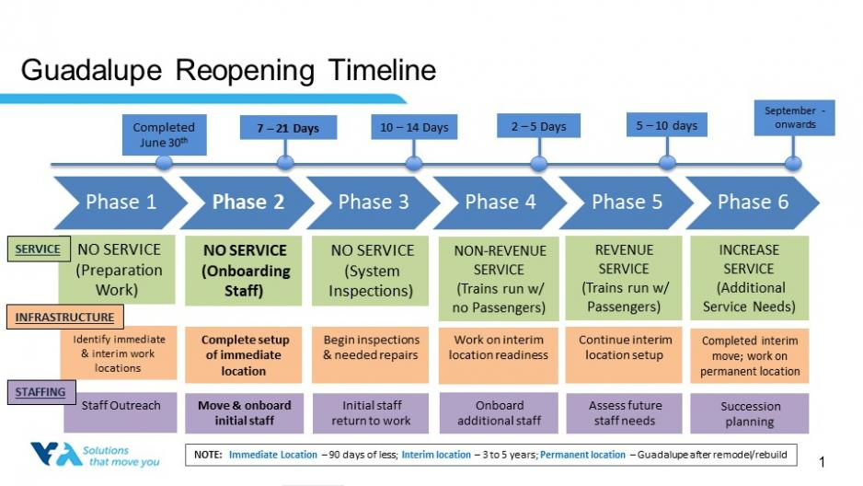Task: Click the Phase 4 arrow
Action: pos(500,202)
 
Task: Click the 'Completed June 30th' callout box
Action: pos(164,135)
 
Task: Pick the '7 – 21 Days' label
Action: pos(288,128)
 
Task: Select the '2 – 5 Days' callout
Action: pos(538,126)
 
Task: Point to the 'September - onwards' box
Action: pos(794,118)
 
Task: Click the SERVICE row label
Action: pos(38,249)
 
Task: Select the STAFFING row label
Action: pos(40,392)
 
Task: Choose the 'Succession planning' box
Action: pos(750,413)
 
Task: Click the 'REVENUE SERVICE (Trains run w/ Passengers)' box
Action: pos(624,278)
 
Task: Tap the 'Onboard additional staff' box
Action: pos(500,412)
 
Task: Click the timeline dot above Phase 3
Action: pos(414,164)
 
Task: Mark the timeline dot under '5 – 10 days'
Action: pos(667,163)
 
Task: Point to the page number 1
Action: pos(822,462)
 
